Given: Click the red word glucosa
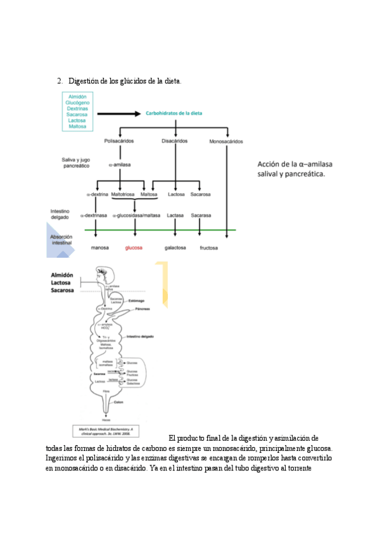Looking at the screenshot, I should pyautogui.click(x=134, y=248).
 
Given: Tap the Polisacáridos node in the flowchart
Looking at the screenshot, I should pyautogui.click(x=118, y=141).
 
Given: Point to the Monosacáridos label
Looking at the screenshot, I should pyautogui.click(x=226, y=141).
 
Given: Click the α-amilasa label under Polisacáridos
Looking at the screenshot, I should pyautogui.click(x=119, y=164).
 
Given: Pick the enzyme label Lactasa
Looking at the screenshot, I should pyautogui.click(x=175, y=215).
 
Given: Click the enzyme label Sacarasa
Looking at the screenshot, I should pyautogui.click(x=201, y=215).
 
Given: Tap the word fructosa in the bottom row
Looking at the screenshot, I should pyautogui.click(x=208, y=248).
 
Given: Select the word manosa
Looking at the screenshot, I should pyautogui.click(x=101, y=248).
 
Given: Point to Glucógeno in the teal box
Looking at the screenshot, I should pyautogui.click(x=77, y=102).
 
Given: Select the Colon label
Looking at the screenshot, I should pyautogui.click(x=118, y=402).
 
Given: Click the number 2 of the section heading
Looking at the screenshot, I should pyautogui.click(x=59, y=81).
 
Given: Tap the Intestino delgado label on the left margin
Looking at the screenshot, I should pyautogui.click(x=61, y=214).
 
